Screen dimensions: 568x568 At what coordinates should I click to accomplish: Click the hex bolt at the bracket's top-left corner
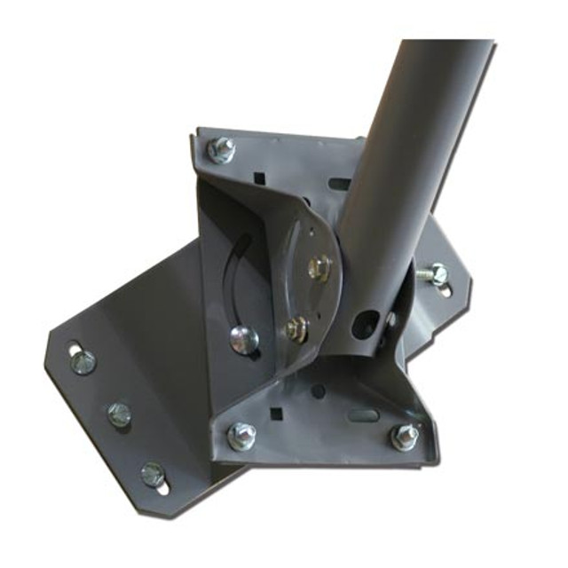tap(221, 149)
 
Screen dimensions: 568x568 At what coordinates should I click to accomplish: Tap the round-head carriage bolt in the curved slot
tap(243, 337)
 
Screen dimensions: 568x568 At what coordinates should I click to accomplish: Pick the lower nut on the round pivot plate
tap(296, 330)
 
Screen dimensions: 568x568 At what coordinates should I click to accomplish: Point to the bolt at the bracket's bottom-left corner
tap(241, 436)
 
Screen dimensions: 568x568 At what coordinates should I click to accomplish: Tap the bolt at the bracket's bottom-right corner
tap(405, 437)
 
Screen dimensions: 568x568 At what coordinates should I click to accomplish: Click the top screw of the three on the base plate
tap(83, 361)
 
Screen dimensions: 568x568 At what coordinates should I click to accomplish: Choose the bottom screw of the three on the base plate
tap(153, 473)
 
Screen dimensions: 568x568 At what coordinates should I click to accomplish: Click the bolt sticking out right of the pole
tap(434, 273)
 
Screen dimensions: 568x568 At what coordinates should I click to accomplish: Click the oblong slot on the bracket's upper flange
tap(340, 185)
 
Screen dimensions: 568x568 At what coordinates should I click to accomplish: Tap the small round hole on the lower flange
tap(318, 391)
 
